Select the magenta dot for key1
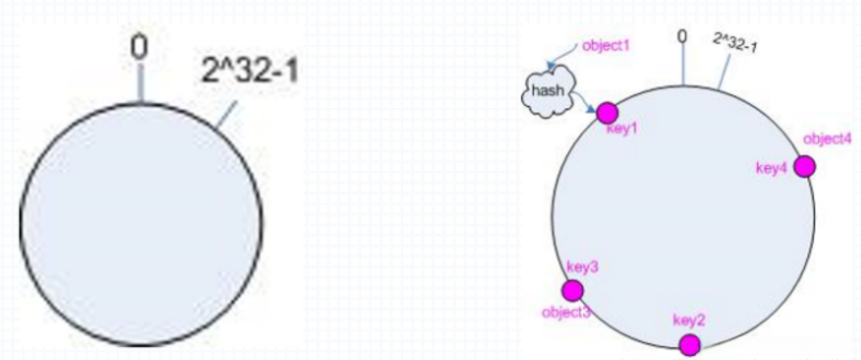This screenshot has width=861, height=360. point(606,113)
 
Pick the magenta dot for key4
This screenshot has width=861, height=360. point(804,166)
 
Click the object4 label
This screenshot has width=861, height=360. point(827,139)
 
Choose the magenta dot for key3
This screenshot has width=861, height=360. point(572,290)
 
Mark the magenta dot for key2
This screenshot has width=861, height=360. point(689,344)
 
